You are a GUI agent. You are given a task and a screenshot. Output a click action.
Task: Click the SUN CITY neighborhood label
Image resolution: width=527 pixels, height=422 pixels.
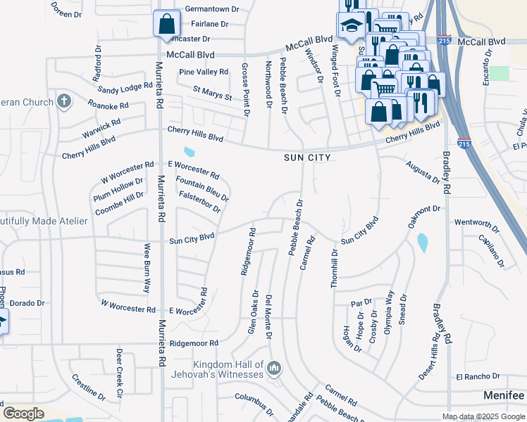click(x=306, y=158)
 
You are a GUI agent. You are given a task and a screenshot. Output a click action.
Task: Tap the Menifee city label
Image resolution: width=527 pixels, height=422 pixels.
click(x=503, y=396)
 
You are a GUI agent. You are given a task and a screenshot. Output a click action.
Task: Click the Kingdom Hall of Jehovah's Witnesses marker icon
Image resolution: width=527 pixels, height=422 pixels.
click(x=274, y=368)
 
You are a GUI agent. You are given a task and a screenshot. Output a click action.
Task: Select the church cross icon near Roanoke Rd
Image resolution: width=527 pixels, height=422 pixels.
click(x=64, y=101)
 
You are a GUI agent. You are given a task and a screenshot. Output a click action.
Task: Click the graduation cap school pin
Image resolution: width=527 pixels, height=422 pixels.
click(x=349, y=26)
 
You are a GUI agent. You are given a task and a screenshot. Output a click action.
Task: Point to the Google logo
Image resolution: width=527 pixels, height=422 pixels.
click(x=23, y=413)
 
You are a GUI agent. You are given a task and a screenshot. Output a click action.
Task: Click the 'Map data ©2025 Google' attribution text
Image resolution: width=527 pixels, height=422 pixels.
click(x=483, y=416)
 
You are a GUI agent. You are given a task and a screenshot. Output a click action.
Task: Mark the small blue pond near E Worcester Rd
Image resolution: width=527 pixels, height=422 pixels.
click(x=189, y=152)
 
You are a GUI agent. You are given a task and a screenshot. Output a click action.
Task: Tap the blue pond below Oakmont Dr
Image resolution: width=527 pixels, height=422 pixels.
click(x=422, y=243)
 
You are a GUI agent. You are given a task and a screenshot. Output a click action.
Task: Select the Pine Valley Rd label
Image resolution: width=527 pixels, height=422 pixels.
click(x=204, y=72)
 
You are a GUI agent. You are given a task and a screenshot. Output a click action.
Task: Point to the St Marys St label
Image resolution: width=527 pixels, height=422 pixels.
click(x=212, y=93)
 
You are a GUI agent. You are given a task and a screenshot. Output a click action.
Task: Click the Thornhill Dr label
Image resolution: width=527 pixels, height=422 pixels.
click(x=335, y=267)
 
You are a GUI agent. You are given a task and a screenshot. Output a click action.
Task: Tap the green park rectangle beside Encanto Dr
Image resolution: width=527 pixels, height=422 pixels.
click(x=499, y=73)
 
